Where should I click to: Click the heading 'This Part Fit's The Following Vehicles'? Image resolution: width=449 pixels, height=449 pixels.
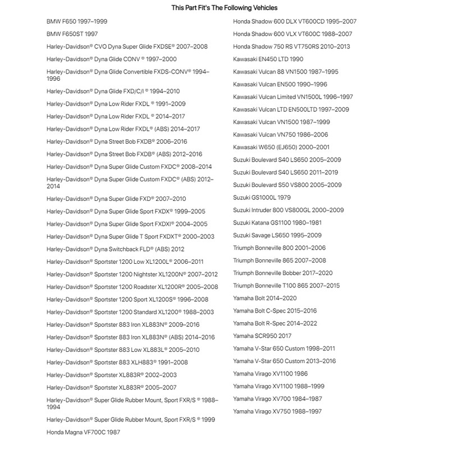click(224, 8)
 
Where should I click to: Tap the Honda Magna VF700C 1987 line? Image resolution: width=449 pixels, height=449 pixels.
click(83, 432)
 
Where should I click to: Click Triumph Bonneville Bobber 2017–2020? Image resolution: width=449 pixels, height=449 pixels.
click(283, 273)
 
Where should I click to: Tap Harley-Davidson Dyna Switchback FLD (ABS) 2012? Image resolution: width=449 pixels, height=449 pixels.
click(115, 249)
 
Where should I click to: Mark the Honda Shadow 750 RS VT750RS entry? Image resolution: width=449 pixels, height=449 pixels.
click(291, 47)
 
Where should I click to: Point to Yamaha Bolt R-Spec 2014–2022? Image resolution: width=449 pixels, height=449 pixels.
click(275, 323)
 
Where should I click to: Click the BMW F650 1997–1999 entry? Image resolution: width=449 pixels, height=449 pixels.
click(77, 21)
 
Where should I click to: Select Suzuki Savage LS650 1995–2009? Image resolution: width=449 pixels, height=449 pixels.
click(277, 235)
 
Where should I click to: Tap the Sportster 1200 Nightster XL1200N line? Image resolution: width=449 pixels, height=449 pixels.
click(132, 274)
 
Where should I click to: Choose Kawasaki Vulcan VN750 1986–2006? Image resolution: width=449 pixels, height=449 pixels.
click(281, 135)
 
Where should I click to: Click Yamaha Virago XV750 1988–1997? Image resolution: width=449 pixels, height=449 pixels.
click(277, 411)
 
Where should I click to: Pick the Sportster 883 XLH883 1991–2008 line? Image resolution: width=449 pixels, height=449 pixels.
click(117, 362)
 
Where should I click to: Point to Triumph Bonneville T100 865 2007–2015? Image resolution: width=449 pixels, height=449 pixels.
click(286, 286)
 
